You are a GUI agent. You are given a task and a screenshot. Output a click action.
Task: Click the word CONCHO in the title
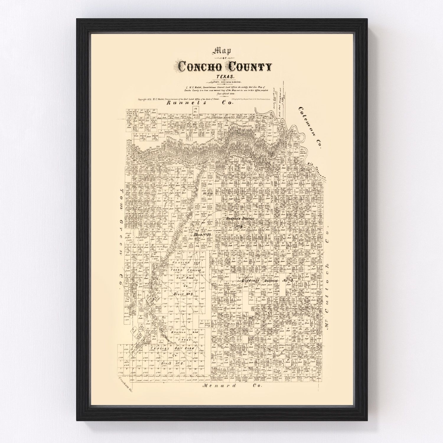198,68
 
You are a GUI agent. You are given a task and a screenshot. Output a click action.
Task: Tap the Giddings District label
267,281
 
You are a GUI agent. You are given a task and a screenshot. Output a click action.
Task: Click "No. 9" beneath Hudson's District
238,225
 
